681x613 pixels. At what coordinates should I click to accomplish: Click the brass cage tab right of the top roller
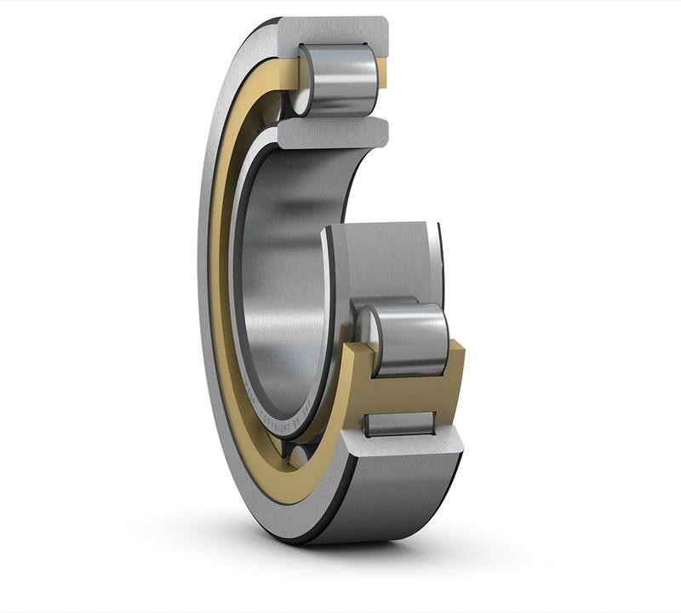(382, 74)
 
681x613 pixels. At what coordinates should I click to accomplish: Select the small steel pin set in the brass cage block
(400, 423)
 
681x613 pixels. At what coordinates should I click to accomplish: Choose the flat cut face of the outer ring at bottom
(400, 447)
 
